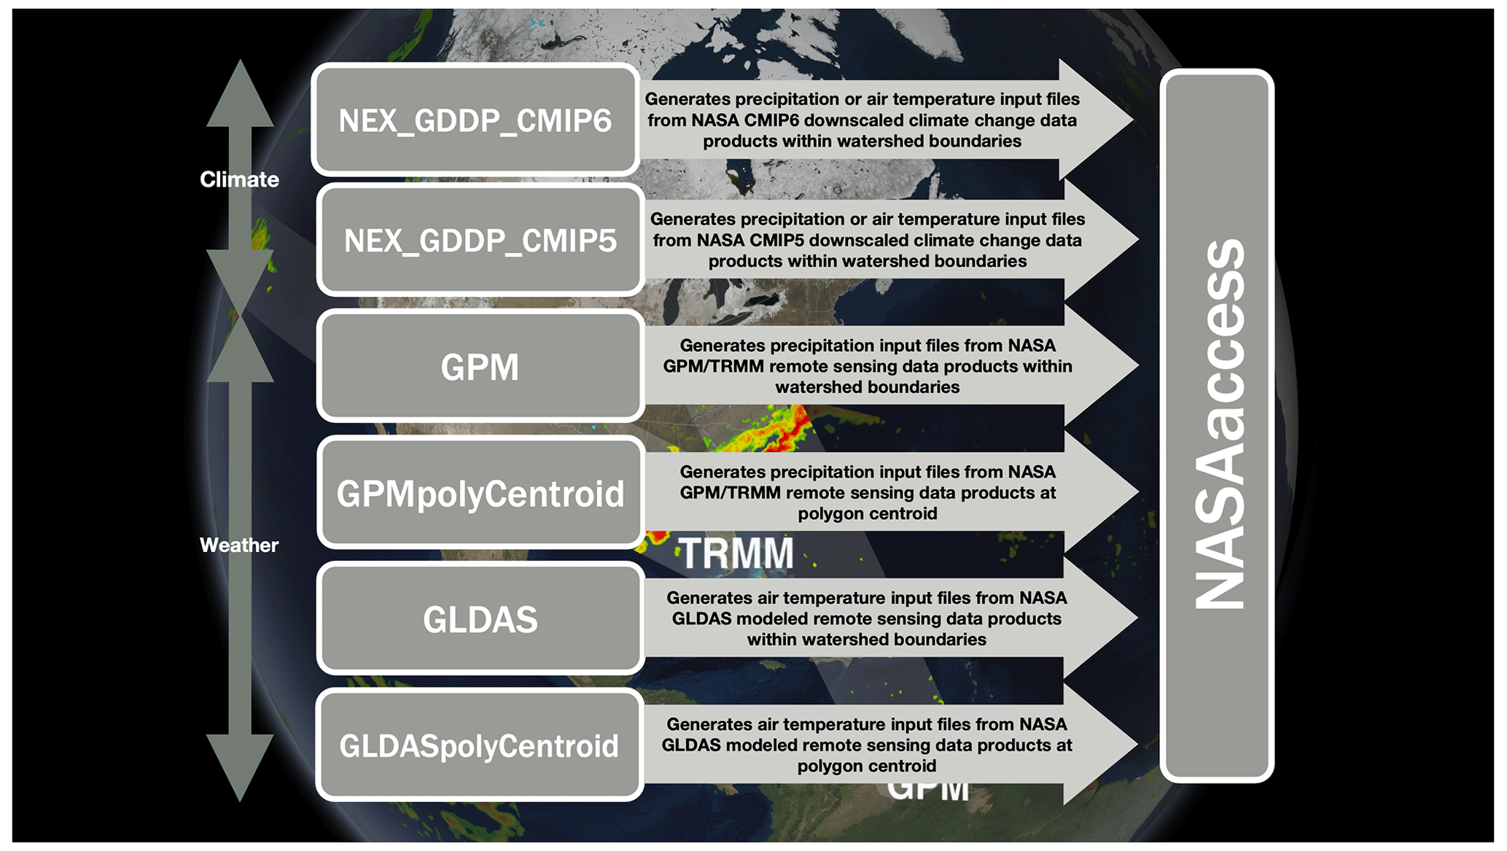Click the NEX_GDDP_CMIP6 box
pos(475,120)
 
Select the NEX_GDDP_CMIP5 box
pos(480,240)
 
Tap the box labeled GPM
pos(480,366)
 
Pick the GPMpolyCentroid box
pos(480,492)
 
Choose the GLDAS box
pos(480,618)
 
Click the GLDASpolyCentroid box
pos(480,745)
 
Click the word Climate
pos(239,179)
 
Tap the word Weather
pos(239,545)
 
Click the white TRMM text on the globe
pos(737,553)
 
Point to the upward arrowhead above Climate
pos(240,93)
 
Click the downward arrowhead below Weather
pos(240,768)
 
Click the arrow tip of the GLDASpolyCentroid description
pos(1137,745)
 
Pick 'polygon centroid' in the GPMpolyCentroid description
pos(868,513)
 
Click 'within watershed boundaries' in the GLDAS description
pos(867,640)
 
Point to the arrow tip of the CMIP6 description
pos(1132,120)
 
